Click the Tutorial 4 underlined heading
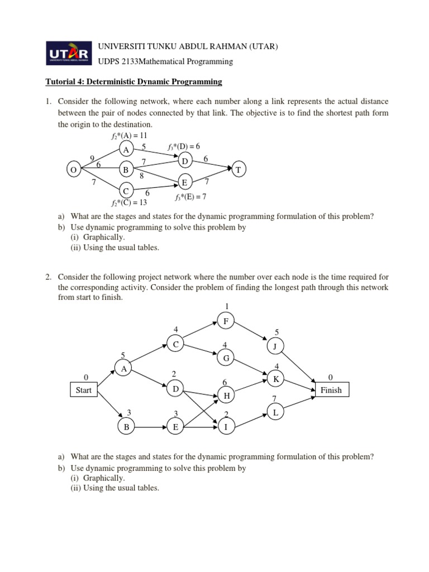[x=134, y=82]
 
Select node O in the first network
[x=73, y=170]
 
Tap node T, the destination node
[x=237, y=170]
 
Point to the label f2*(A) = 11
[x=128, y=136]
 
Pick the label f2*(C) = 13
[x=128, y=203]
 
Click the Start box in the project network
[x=83, y=390]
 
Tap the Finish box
[x=331, y=390]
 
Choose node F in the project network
[x=226, y=321]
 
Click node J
[x=275, y=346]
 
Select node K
[x=275, y=379]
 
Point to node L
[x=275, y=412]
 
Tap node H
[x=226, y=395]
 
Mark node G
[x=226, y=357]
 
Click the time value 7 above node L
[x=274, y=398]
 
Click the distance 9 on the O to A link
[x=92, y=158]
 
